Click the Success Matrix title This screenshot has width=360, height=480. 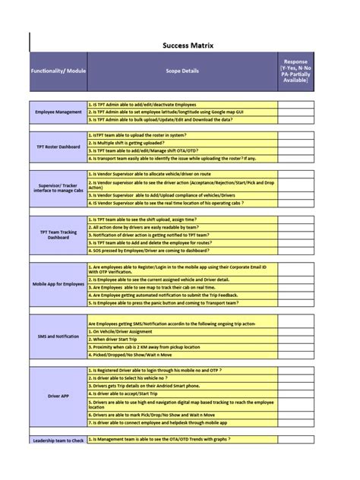click(188, 46)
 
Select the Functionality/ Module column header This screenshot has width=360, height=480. click(58, 71)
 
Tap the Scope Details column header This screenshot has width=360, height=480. click(182, 71)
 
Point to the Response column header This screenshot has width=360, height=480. click(295, 71)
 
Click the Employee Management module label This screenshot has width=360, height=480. click(58, 112)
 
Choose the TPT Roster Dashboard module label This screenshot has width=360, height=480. click(58, 146)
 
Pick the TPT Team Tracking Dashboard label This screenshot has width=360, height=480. click(58, 235)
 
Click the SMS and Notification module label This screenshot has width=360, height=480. click(58, 335)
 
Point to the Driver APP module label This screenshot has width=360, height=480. click(58, 396)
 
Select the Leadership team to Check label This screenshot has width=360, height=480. click(58, 441)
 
